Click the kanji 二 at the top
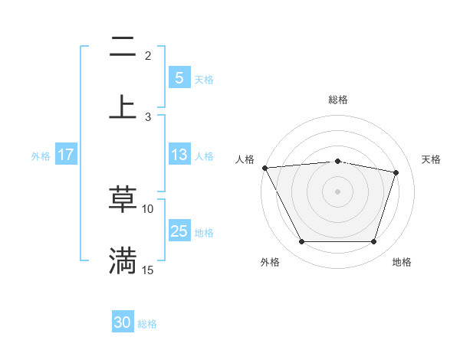point(123,48)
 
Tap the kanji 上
point(123,106)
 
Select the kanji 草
point(123,200)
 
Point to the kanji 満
point(123,260)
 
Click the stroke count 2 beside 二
point(148,56)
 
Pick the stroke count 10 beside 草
point(148,208)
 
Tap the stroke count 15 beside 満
point(148,270)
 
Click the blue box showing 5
point(179,78)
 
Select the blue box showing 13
point(179,155)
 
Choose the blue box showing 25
point(179,231)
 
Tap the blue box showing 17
point(66,155)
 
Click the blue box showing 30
point(123,323)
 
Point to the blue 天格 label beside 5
point(204,80)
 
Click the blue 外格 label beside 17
point(41,156)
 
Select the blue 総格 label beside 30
point(147,325)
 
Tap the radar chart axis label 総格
point(337,100)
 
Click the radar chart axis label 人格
point(245,159)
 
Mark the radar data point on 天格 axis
point(396,172)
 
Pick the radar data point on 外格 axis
point(301,242)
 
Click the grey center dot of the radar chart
point(337,191)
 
